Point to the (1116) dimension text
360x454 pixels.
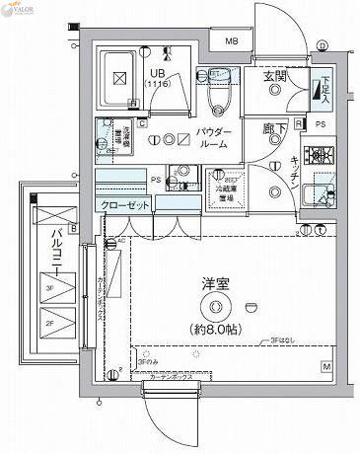[x=158, y=86]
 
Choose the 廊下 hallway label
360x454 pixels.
[x=275, y=128]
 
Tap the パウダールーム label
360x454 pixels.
[x=213, y=137]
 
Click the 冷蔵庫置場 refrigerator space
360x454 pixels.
[x=226, y=190]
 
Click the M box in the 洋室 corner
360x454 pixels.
[x=326, y=367]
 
